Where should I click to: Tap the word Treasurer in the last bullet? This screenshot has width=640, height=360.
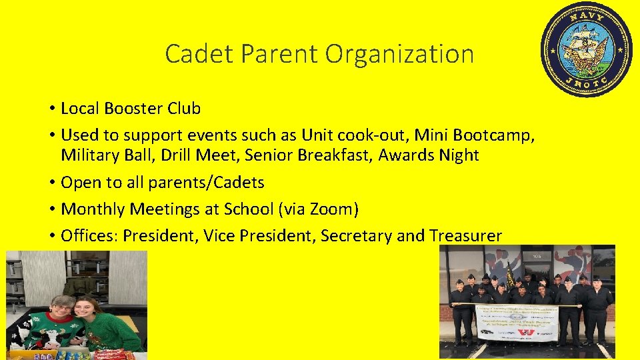click(x=465, y=236)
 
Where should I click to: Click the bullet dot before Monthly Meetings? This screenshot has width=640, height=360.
click(x=51, y=210)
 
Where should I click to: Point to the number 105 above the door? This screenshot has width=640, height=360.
click(x=537, y=255)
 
